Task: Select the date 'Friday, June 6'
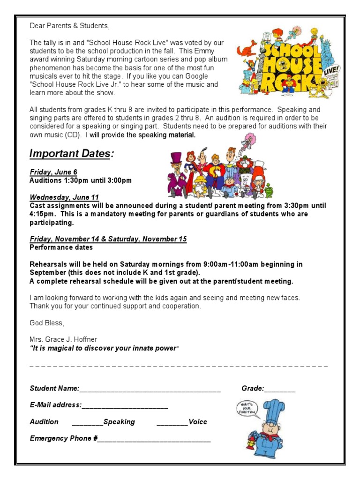(x=53, y=172)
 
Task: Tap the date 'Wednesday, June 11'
(x=64, y=197)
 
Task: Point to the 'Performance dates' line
(x=61, y=247)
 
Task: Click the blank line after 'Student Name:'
(x=150, y=389)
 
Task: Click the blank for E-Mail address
(x=125, y=405)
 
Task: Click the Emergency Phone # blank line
(x=154, y=439)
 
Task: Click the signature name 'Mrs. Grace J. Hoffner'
(x=63, y=339)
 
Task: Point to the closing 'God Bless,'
(x=46, y=322)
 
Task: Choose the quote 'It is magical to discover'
(x=104, y=348)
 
